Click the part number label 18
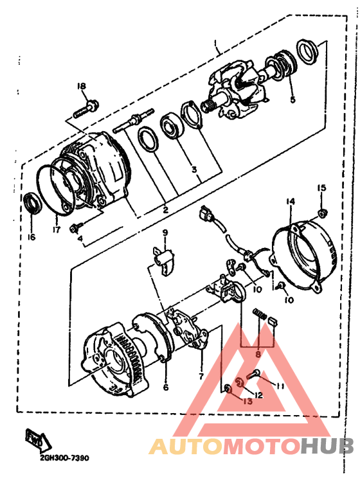tap(82, 87)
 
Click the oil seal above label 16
tap(31, 202)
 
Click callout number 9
tap(165, 233)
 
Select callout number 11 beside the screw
tap(281, 385)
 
